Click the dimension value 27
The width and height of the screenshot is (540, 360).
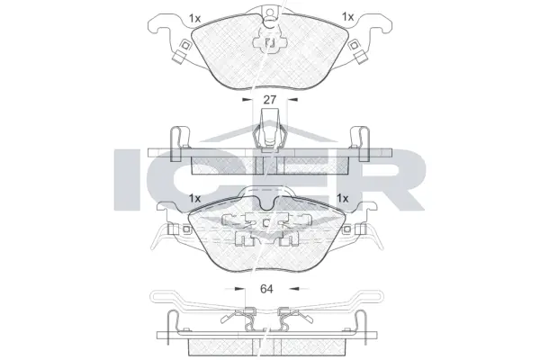[267, 102]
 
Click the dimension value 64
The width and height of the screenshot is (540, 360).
[267, 290]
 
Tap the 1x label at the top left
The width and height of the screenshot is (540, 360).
[195, 17]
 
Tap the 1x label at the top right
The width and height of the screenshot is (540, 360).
[347, 17]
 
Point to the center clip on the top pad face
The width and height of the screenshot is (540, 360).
[268, 41]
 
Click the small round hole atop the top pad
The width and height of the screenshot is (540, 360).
[269, 13]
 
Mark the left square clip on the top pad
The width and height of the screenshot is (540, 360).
[183, 49]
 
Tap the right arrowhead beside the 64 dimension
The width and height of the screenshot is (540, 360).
[291, 290]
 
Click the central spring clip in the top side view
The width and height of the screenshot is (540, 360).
[268, 137]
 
